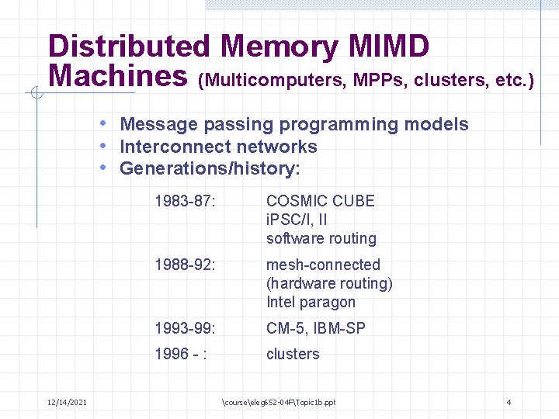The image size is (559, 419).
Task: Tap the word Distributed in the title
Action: click(128, 47)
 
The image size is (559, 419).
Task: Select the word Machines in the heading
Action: click(117, 76)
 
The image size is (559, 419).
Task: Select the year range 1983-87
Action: click(184, 201)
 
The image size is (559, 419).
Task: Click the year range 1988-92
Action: click(184, 265)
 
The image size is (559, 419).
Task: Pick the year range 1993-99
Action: click(184, 328)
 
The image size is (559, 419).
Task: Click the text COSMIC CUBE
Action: click(320, 201)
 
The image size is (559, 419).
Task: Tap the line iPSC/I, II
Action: click(297, 220)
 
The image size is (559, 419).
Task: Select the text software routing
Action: click(321, 239)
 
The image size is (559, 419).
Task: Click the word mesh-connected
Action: click(323, 265)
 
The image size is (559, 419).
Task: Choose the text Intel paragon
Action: click(311, 303)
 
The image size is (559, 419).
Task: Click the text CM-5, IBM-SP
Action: click(315, 328)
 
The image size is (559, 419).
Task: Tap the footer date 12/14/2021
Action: click(67, 401)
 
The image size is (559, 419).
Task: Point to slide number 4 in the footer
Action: click(508, 402)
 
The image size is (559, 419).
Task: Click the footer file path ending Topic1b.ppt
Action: click(279, 402)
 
